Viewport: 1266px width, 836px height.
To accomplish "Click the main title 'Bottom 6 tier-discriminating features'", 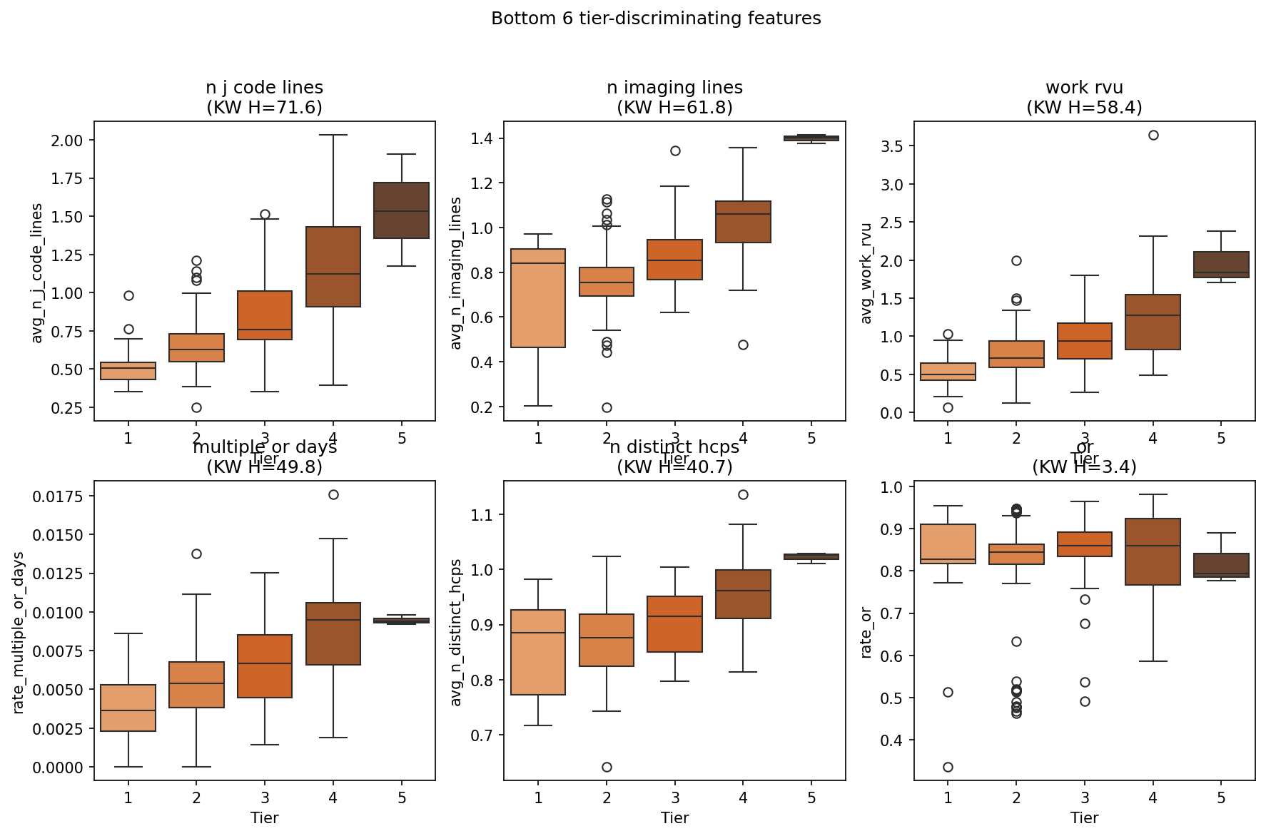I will click(656, 19).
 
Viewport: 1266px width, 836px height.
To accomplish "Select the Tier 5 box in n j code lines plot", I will click(402, 210).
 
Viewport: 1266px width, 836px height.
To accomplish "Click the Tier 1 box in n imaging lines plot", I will click(538, 298).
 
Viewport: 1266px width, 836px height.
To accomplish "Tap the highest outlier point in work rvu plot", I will click(1153, 135).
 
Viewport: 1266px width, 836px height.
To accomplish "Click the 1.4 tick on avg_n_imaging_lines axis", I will click(482, 138).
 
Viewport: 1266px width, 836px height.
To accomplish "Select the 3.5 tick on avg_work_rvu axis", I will click(892, 146).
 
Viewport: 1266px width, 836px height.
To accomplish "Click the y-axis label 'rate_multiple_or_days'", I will click(19, 633).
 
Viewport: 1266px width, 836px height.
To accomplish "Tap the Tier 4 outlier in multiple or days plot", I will click(333, 494).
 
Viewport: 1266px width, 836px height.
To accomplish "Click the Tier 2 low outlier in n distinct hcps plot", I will click(607, 767).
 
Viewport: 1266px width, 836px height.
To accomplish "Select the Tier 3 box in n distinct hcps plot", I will click(675, 624).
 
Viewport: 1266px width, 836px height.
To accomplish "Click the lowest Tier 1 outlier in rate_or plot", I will click(948, 767).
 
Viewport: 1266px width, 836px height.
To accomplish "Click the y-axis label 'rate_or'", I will click(866, 633).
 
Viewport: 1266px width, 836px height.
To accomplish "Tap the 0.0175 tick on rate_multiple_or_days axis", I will click(58, 496).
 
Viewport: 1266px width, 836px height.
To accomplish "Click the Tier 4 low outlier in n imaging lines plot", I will click(743, 345).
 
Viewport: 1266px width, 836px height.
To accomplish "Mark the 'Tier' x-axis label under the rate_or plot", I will click(1084, 817).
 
